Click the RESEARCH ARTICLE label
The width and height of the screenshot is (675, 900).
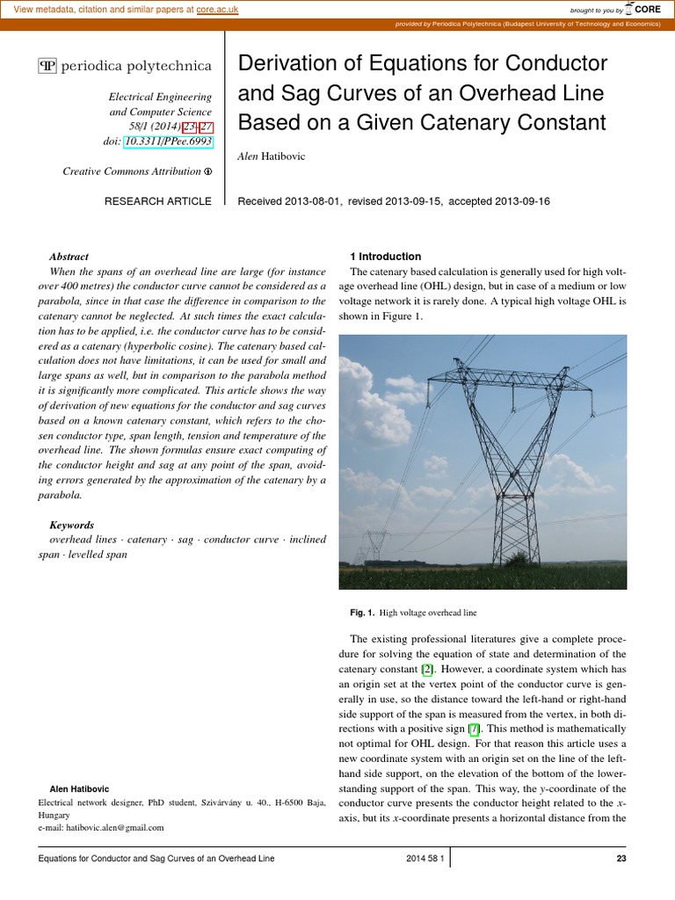click(158, 201)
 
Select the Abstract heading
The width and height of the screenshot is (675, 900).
click(69, 257)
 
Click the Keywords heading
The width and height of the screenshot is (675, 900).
click(72, 525)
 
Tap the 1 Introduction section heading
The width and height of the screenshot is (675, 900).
click(386, 257)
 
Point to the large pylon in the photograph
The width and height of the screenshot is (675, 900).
click(509, 457)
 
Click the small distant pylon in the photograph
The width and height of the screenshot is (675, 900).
click(377, 545)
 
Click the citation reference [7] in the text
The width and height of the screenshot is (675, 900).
click(474, 729)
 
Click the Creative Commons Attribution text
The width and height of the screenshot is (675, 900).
click(132, 171)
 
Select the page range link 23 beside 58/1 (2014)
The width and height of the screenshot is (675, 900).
click(189, 127)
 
